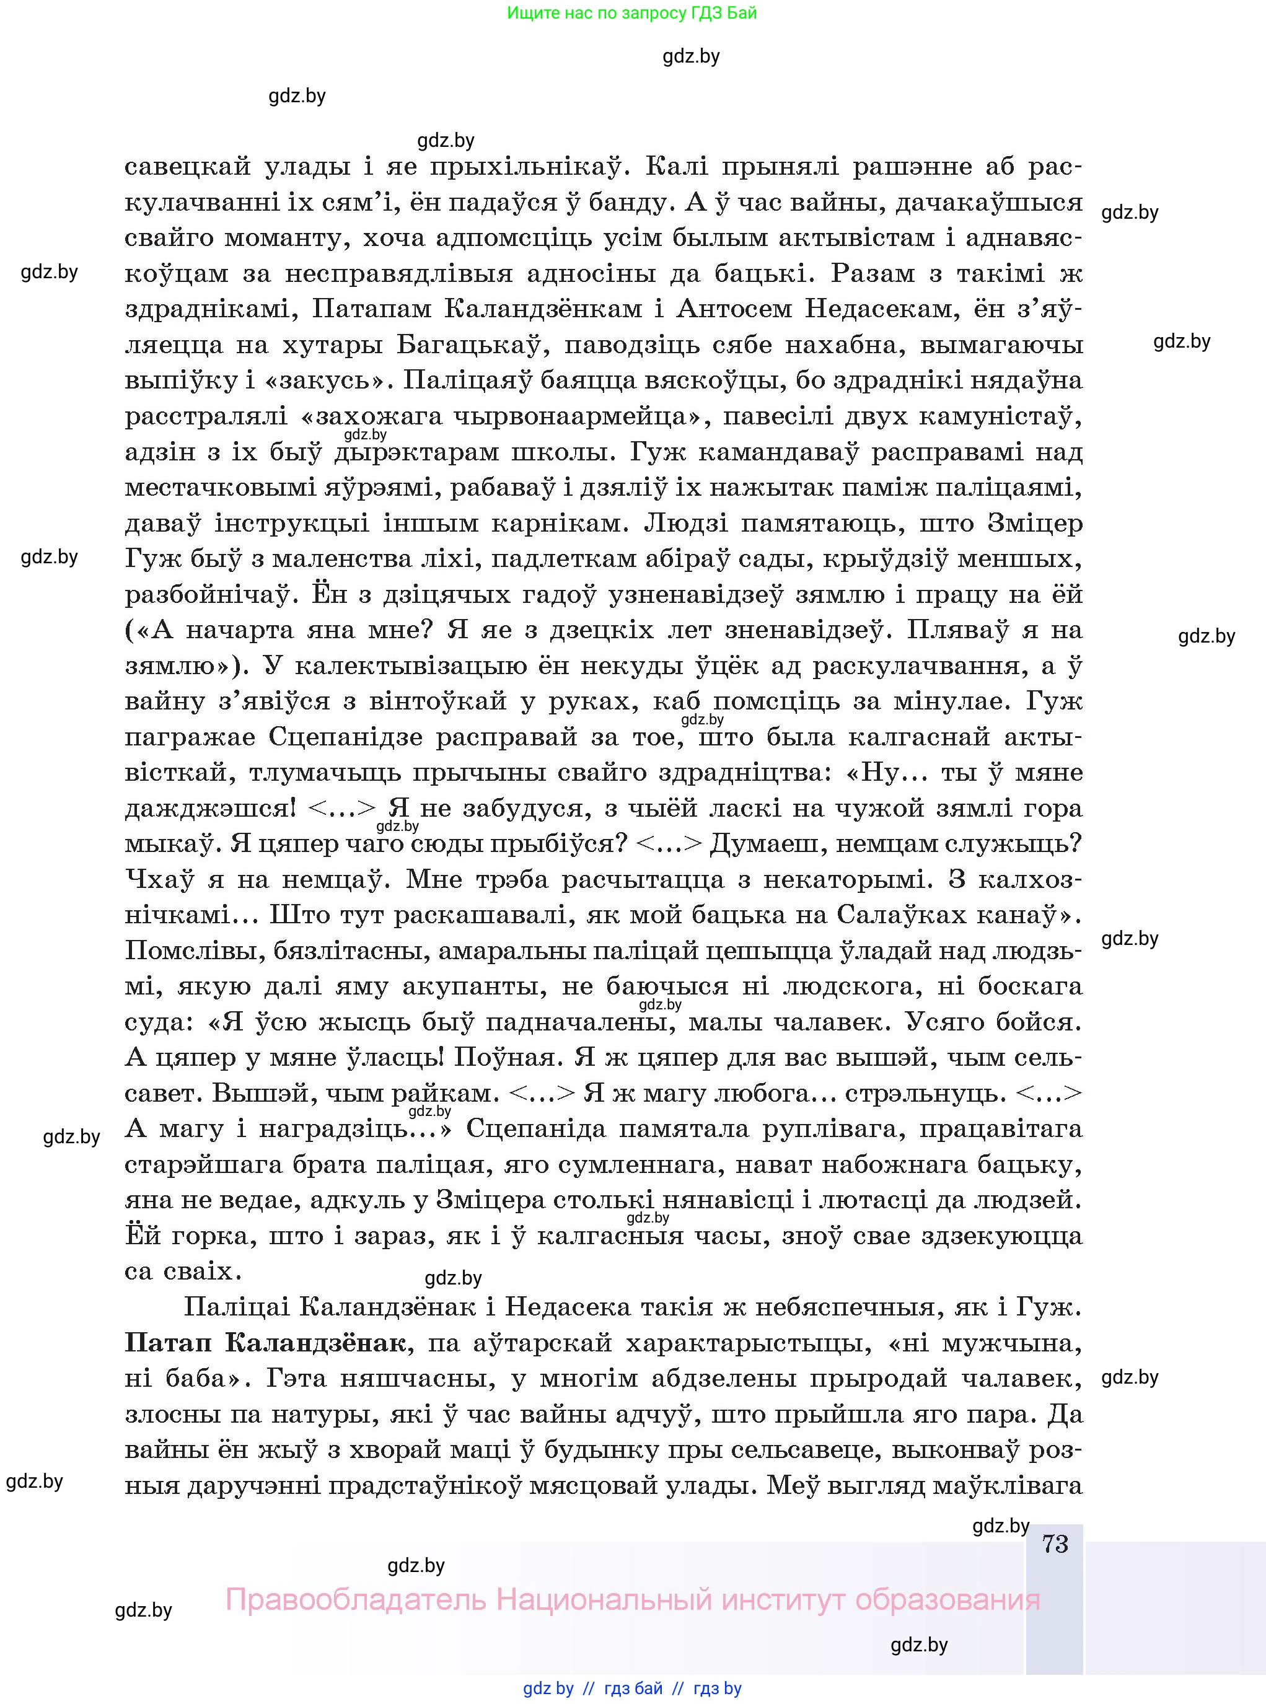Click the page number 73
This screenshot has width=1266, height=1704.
pos(1055,1544)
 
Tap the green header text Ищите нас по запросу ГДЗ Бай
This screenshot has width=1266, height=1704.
pos(632,13)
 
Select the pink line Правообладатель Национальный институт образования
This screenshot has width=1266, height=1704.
pos(632,1600)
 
